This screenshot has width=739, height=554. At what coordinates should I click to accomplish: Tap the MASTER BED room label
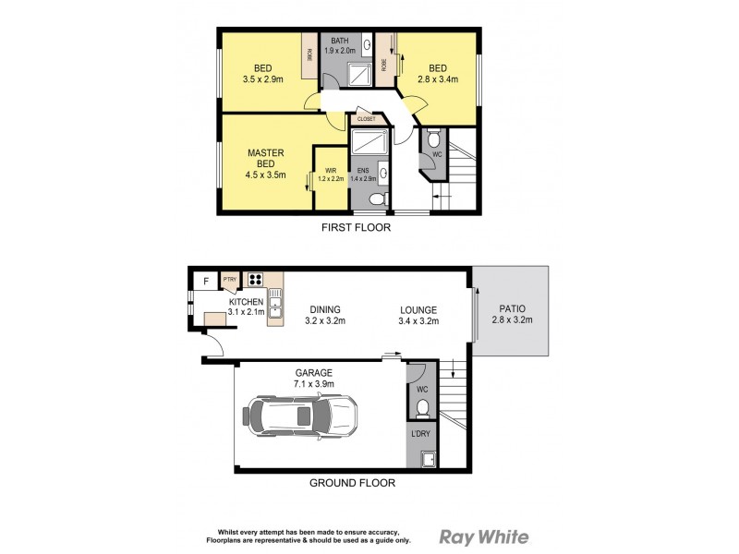pos(265,163)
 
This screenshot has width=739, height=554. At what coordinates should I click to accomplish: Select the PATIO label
pos(513,315)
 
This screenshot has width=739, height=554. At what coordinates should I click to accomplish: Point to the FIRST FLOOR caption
pos(355,227)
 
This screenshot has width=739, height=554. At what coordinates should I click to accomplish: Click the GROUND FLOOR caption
pos(352,482)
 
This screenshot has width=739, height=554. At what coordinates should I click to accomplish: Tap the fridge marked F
pos(205,281)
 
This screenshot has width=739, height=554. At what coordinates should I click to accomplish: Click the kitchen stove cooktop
pos(256,279)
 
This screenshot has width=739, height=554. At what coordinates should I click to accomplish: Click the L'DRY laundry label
pos(422,433)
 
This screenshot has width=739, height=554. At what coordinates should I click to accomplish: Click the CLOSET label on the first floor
pos(366,119)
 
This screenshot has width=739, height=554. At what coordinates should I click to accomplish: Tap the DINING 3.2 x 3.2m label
pos(325,315)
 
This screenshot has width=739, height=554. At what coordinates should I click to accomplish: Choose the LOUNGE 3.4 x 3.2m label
pos(418,315)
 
